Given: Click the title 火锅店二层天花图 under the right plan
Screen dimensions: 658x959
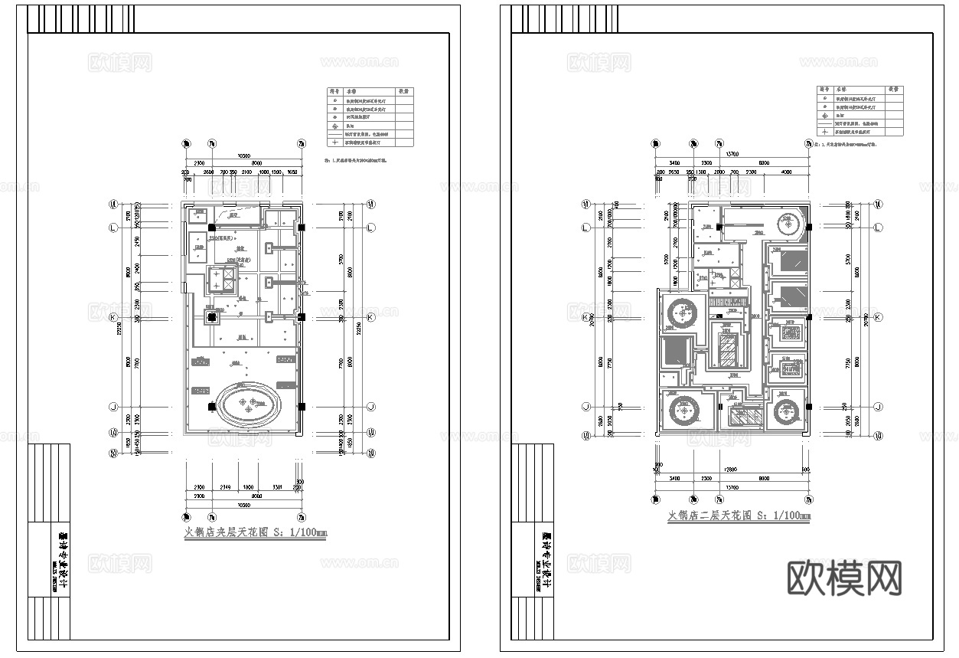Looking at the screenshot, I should pyautogui.click(x=739, y=516).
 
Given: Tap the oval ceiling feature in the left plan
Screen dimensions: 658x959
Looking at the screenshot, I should pyautogui.click(x=249, y=405).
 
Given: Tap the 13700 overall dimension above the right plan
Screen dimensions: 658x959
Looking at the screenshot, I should pyautogui.click(x=732, y=154).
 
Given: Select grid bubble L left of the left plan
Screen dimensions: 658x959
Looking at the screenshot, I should pyautogui.click(x=113, y=228).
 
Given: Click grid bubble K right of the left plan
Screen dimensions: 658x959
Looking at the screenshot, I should pyautogui.click(x=371, y=316).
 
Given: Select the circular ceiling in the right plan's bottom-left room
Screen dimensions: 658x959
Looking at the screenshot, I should pyautogui.click(x=680, y=413).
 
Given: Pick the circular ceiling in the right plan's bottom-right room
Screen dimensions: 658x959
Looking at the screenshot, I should pyautogui.click(x=788, y=413).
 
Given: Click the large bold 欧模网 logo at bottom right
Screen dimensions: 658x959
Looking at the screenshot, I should pyautogui.click(x=844, y=578).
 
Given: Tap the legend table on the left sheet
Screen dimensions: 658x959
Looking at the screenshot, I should pyautogui.click(x=370, y=117).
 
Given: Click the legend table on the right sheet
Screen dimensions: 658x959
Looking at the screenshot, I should pyautogui.click(x=860, y=110).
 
